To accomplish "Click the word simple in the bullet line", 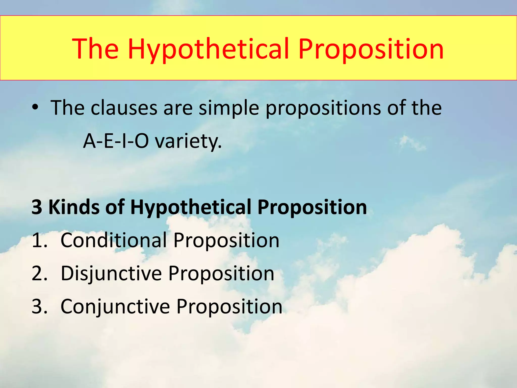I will coord(229,108).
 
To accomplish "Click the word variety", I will coord(188,141).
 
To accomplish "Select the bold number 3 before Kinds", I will coord(37,207).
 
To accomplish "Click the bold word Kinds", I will coord(74,207).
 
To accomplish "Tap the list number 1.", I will coord(38,240).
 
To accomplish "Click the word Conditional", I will coord(114,240).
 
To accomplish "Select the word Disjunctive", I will coord(111,273).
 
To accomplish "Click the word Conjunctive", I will coord(115,306).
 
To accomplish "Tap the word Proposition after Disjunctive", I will coord(221,273).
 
